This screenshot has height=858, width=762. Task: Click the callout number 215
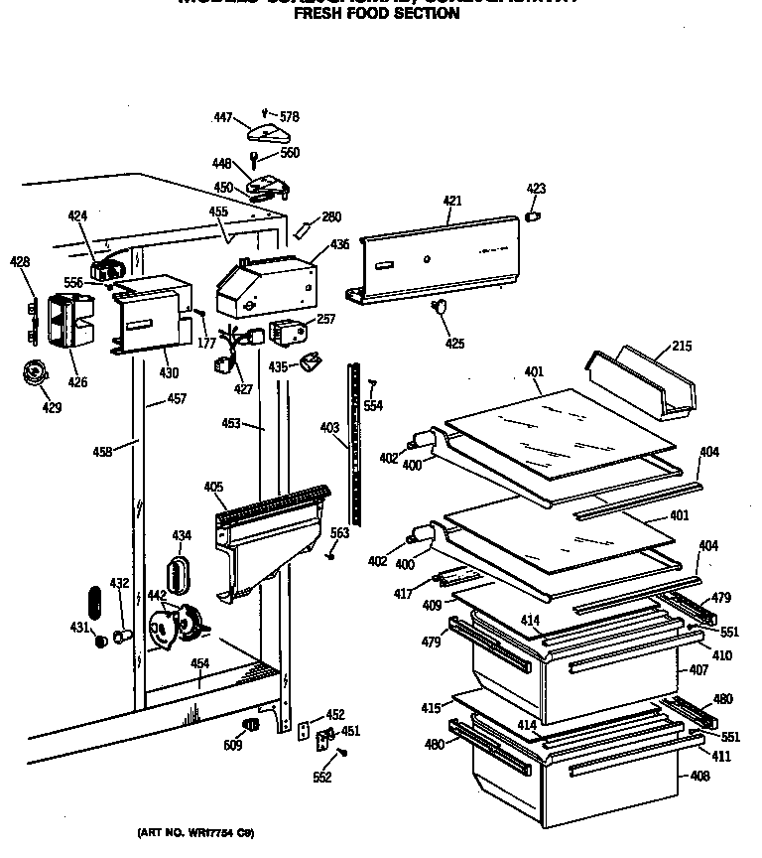click(x=682, y=347)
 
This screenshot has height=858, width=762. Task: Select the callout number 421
click(x=452, y=202)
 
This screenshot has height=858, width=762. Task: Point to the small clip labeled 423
click(x=533, y=214)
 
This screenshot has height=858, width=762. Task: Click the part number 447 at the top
click(x=223, y=118)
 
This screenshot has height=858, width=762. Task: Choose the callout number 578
click(x=289, y=117)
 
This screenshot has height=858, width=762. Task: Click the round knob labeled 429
click(x=36, y=375)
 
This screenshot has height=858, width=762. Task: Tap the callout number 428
click(x=20, y=262)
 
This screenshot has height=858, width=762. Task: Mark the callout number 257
click(x=325, y=319)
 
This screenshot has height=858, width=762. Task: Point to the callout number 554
click(x=372, y=406)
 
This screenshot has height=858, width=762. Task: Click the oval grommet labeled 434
click(x=180, y=574)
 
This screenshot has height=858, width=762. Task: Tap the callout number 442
click(x=157, y=595)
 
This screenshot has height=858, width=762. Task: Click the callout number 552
click(x=321, y=778)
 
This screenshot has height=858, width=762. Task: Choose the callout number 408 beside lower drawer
click(x=699, y=776)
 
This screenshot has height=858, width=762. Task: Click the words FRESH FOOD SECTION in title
click(x=376, y=14)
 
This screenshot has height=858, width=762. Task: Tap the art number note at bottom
click(x=194, y=833)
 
